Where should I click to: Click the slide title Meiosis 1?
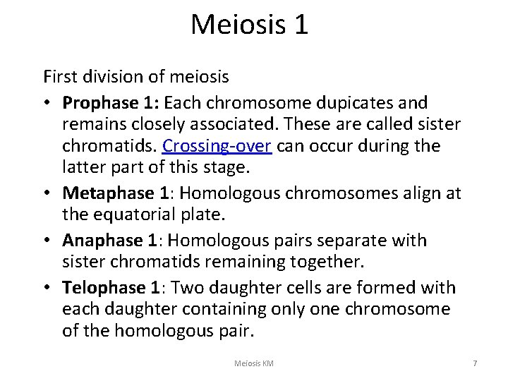pos(249,25)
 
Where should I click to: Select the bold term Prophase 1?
pos(111,103)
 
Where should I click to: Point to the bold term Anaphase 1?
pos(114,241)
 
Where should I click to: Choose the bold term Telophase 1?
pos(116,288)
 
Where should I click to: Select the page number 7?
pos(475,363)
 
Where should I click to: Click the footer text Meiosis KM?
pos(254,363)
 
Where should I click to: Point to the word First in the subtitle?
pos(58,73)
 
